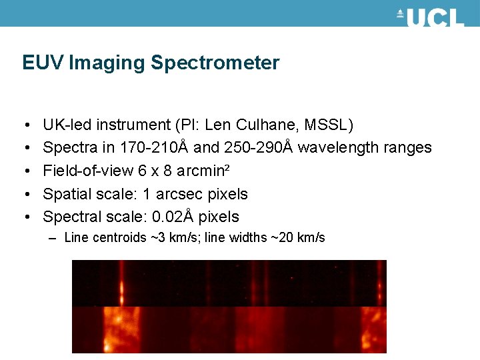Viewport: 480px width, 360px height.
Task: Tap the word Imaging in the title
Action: pyautogui.click(x=106, y=63)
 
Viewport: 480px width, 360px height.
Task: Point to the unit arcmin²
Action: pyautogui.click(x=205, y=171)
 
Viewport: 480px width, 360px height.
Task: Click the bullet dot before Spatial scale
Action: pyautogui.click(x=25, y=195)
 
